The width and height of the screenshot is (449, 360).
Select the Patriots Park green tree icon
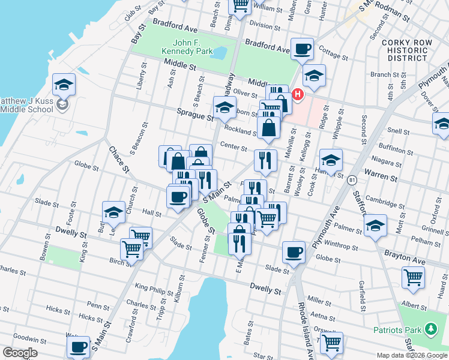click(430, 329)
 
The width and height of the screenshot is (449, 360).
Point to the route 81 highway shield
click(352, 179)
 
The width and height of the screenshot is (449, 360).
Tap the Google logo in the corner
click(20, 353)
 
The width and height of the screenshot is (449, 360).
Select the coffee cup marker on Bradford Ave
click(302, 49)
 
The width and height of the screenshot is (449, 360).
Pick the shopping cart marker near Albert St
click(413, 277)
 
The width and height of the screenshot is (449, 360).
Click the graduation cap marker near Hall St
click(113, 211)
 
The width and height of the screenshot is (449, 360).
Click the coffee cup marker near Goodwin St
click(78, 347)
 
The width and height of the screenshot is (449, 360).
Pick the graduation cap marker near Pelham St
click(375, 226)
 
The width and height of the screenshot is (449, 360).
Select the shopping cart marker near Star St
click(331, 342)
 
